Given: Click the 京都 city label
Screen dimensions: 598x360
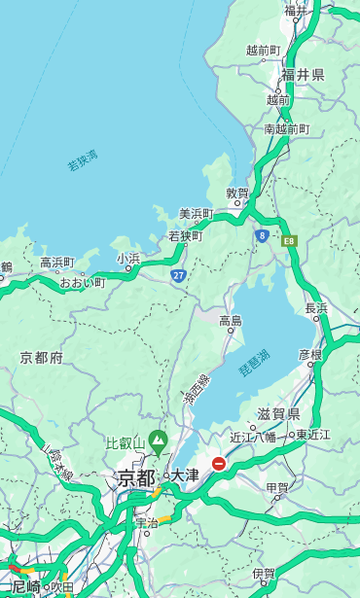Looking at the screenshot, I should tap(136, 477).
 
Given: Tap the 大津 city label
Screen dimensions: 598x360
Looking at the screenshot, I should tap(184, 475).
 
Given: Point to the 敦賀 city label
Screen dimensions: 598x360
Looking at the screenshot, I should tap(238, 193).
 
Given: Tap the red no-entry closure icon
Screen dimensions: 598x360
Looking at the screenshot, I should tap(219, 465).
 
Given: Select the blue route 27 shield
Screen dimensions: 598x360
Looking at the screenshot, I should tap(179, 276).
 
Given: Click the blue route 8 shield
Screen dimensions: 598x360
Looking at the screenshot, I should tap(262, 235).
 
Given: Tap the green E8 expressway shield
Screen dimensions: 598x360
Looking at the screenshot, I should tap(288, 240).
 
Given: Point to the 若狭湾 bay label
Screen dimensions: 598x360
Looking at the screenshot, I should tap(83, 159).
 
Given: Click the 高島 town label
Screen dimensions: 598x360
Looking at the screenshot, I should tap(231, 321).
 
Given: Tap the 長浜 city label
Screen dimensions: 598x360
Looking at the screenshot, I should tap(317, 308).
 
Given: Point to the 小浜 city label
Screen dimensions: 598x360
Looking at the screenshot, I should tap(128, 259).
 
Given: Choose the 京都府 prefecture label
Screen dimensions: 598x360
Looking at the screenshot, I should tap(42, 358).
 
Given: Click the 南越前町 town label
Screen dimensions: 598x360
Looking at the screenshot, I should tap(286, 128).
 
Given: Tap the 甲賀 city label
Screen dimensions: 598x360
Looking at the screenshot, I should tap(277, 487).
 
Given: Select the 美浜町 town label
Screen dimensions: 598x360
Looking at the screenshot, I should tap(196, 214).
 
